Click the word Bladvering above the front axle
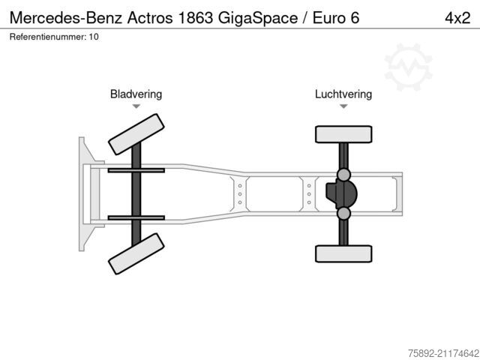click(136, 94)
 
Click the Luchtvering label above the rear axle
click(343, 94)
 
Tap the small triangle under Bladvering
click(136, 106)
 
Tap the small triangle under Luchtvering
click(343, 106)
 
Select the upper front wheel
click(136, 134)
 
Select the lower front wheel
click(136, 253)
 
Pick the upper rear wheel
click(343, 134)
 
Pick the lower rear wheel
click(343, 253)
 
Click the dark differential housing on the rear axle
click(342, 194)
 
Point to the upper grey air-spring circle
click(343, 175)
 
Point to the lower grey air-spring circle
click(343, 213)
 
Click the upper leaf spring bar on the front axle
click(136, 170)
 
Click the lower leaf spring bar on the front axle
click(136, 218)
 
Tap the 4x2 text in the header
click(457, 18)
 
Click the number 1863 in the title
click(195, 18)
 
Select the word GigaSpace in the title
click(258, 19)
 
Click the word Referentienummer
click(48, 37)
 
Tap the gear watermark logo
click(408, 67)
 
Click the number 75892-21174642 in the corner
click(444, 353)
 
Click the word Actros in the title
click(150, 18)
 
